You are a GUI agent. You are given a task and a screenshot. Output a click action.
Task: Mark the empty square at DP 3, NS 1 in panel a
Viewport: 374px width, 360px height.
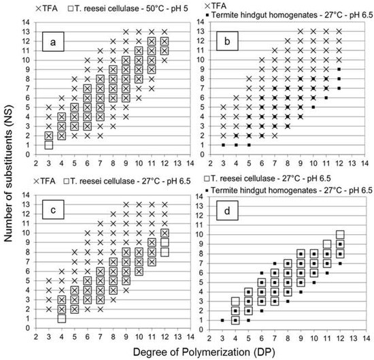pyautogui.click(x=48, y=145)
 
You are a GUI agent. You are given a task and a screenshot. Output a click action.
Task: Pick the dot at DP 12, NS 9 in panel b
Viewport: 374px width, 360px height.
pyautogui.click(x=339, y=69)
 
